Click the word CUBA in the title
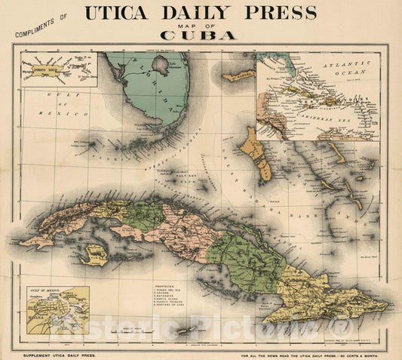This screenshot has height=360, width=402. point(199,35)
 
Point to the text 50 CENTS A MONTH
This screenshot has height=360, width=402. point(366,355)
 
